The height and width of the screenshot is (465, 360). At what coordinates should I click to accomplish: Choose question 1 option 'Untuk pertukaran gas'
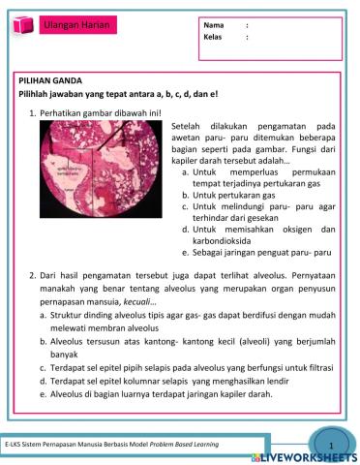229,194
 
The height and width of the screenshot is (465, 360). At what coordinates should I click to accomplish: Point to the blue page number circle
330,444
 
